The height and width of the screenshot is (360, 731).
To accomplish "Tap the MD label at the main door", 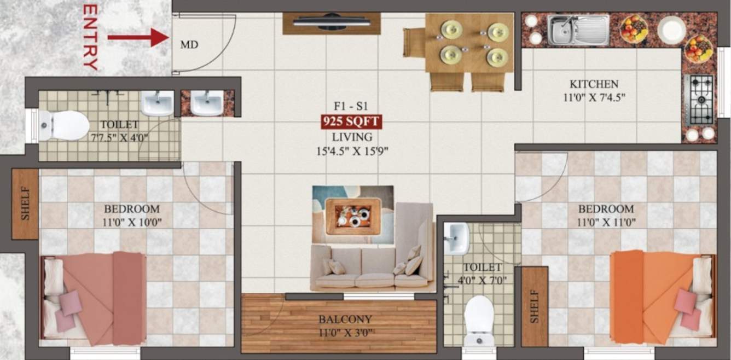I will (189, 44).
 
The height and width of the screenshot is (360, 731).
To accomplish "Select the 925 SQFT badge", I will (351, 121).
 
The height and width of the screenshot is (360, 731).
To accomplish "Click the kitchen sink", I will (578, 30).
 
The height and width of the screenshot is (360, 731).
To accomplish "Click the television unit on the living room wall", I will (332, 23).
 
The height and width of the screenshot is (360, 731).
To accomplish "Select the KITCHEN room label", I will (594, 84).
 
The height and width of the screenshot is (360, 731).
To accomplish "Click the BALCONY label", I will (345, 320).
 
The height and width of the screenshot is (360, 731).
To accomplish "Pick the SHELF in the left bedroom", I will (25, 204).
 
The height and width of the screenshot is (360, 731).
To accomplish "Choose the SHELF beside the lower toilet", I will (535, 306).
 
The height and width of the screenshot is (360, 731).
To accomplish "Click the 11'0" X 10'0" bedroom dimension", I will (132, 222).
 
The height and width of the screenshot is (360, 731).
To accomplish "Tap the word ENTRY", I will (90, 37).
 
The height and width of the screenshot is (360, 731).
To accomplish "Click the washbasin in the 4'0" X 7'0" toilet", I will (456, 238).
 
